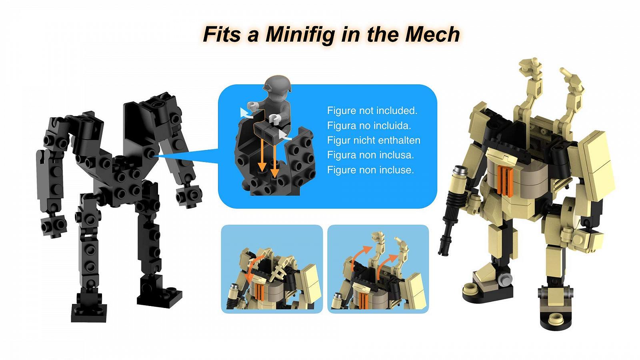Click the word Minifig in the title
point(300,34)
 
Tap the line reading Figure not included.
point(372,110)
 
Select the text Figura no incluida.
point(369,126)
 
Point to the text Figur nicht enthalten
point(374,140)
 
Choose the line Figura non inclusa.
point(370,155)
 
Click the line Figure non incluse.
point(370,170)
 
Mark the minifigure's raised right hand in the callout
point(252,106)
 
